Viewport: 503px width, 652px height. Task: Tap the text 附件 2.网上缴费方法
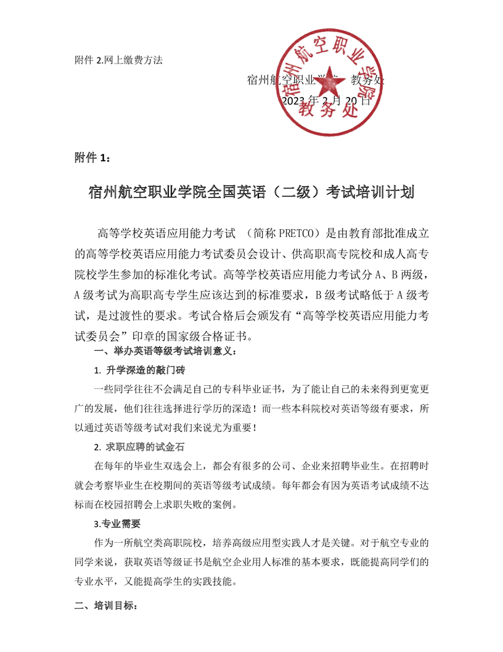coord(118,60)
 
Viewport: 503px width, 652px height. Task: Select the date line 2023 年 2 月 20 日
coord(326,101)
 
